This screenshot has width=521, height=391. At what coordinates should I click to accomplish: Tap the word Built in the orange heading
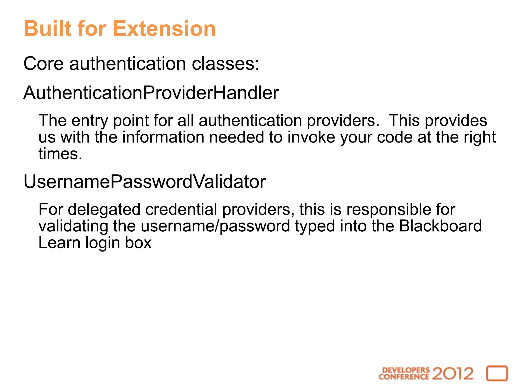[47, 29]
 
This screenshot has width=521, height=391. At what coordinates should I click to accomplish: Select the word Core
[43, 63]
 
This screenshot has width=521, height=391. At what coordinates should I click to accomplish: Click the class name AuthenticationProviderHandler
[151, 93]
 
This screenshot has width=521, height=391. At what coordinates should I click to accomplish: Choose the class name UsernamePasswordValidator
[144, 182]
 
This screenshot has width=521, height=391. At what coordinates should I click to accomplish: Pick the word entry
[90, 121]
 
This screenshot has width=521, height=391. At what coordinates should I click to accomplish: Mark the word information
[163, 137]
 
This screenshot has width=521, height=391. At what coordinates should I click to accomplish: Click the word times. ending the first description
[60, 154]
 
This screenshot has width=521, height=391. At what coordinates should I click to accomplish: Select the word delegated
[104, 210]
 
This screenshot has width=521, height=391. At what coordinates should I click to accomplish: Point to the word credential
[181, 210]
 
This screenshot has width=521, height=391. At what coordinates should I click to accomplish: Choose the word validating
[73, 226]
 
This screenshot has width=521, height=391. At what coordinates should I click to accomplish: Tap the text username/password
[215, 226]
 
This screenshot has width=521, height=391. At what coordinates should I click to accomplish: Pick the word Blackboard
[440, 226]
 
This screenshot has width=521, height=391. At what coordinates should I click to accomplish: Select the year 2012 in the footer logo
[453, 374]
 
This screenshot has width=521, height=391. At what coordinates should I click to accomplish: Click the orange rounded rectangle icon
[497, 373]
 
